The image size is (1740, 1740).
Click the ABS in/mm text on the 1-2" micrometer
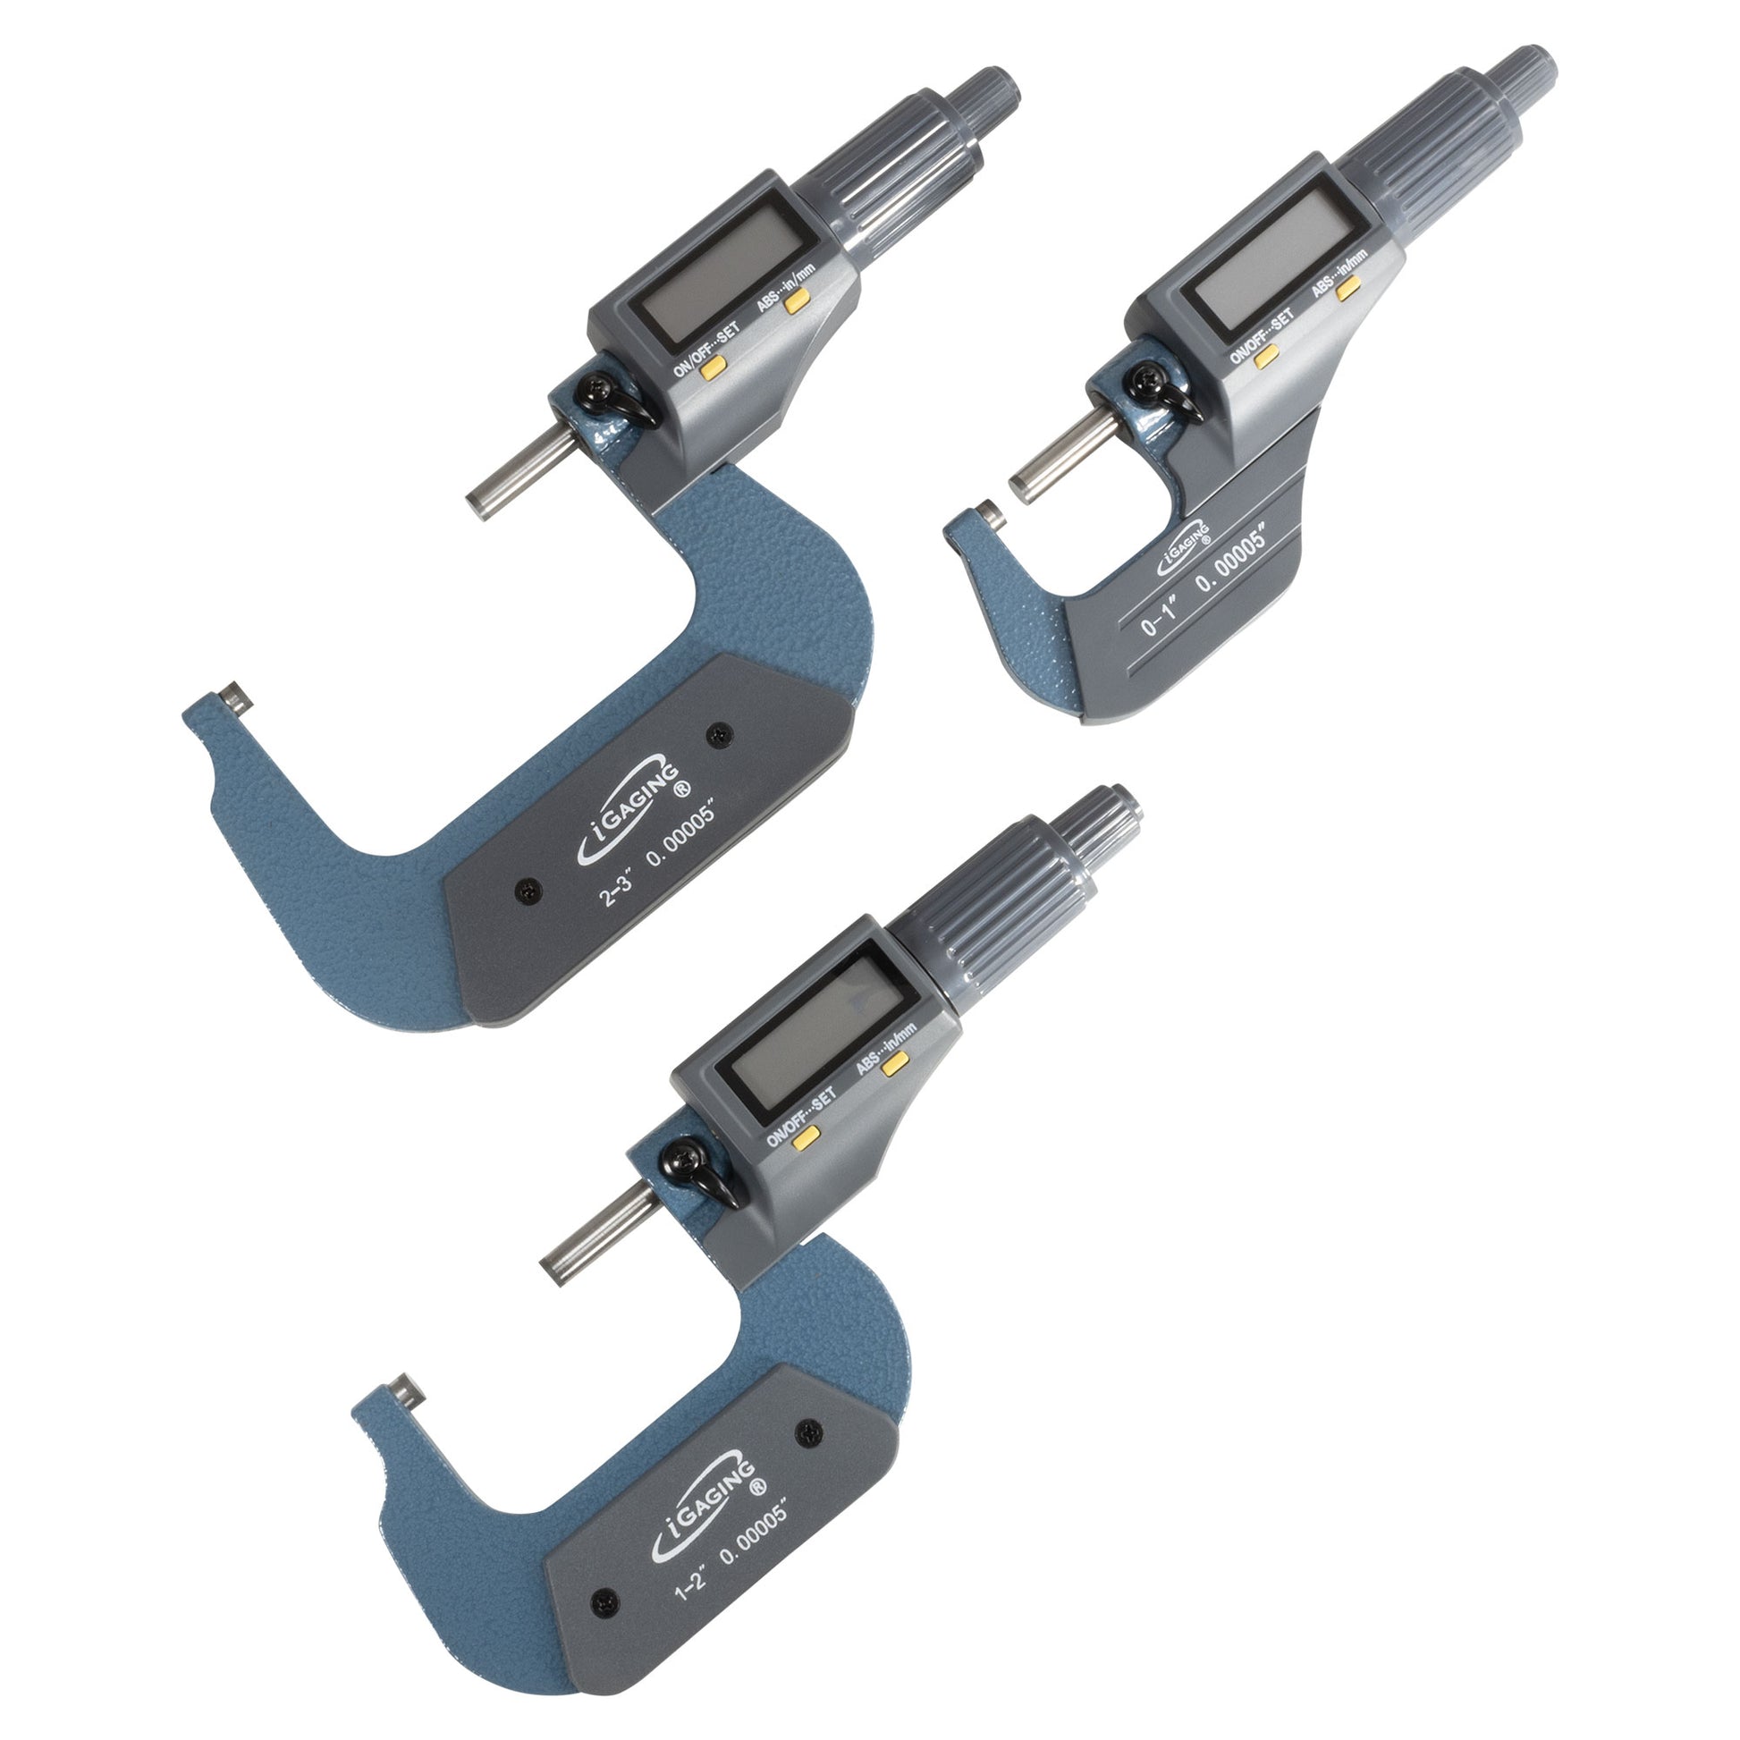pos(885,1044)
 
